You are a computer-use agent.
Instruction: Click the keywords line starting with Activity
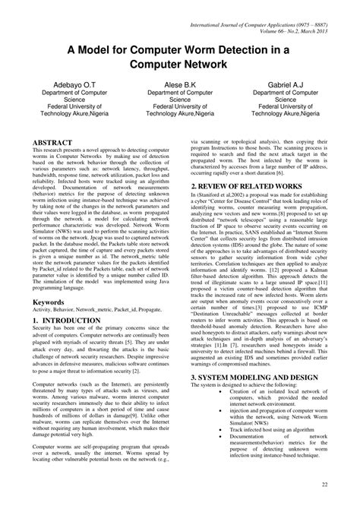click(x=92, y=311)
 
